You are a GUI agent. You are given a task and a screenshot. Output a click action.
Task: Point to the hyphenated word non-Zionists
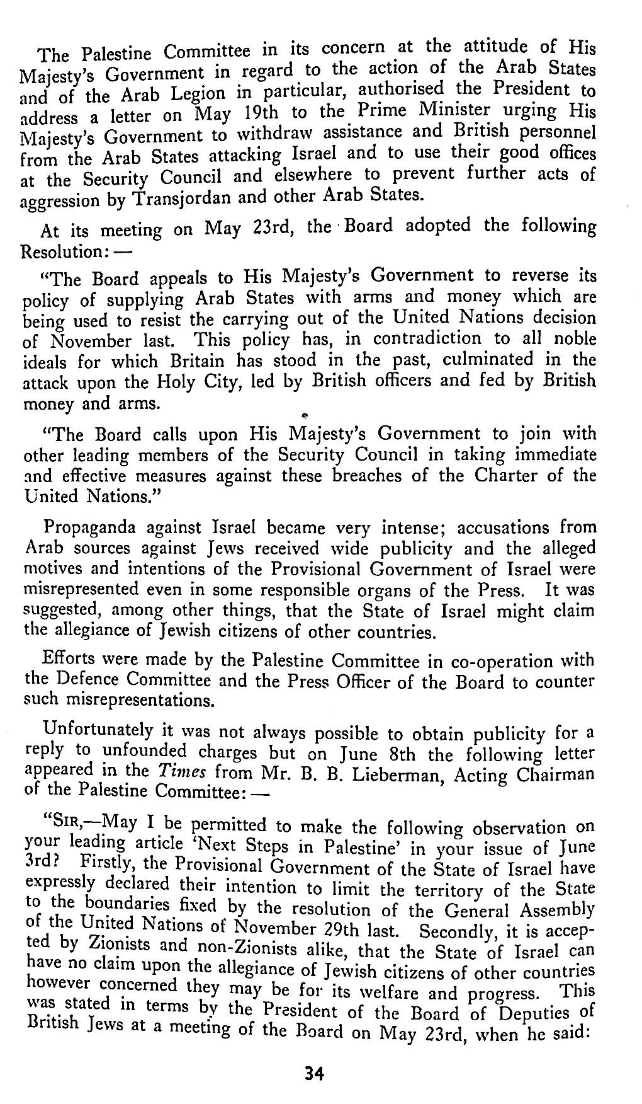point(243,946)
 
